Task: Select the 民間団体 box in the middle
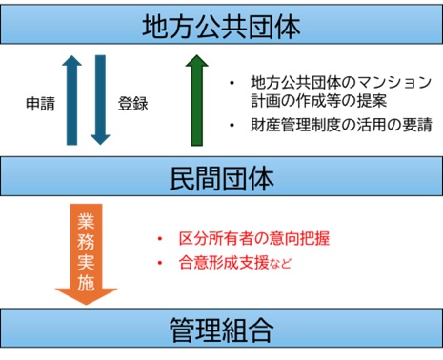[x=221, y=178]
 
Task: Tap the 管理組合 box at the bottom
[x=221, y=331]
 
